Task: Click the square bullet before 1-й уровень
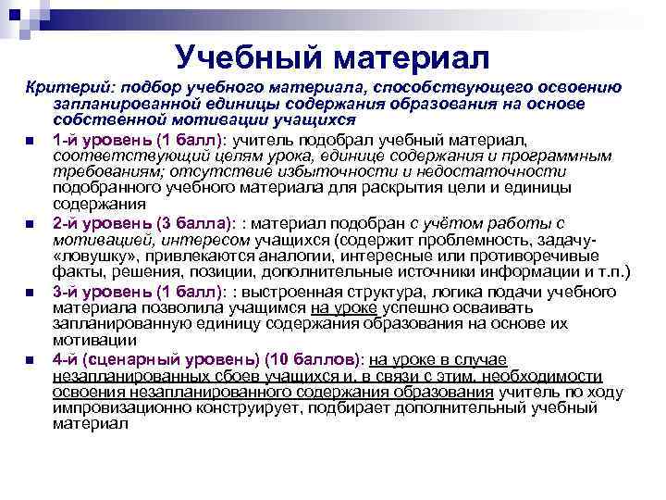coord(31,141)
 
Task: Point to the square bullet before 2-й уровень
coord(31,224)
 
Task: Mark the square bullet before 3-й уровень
coord(31,292)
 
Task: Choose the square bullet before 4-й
coord(31,359)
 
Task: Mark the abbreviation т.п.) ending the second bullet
coord(612,273)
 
